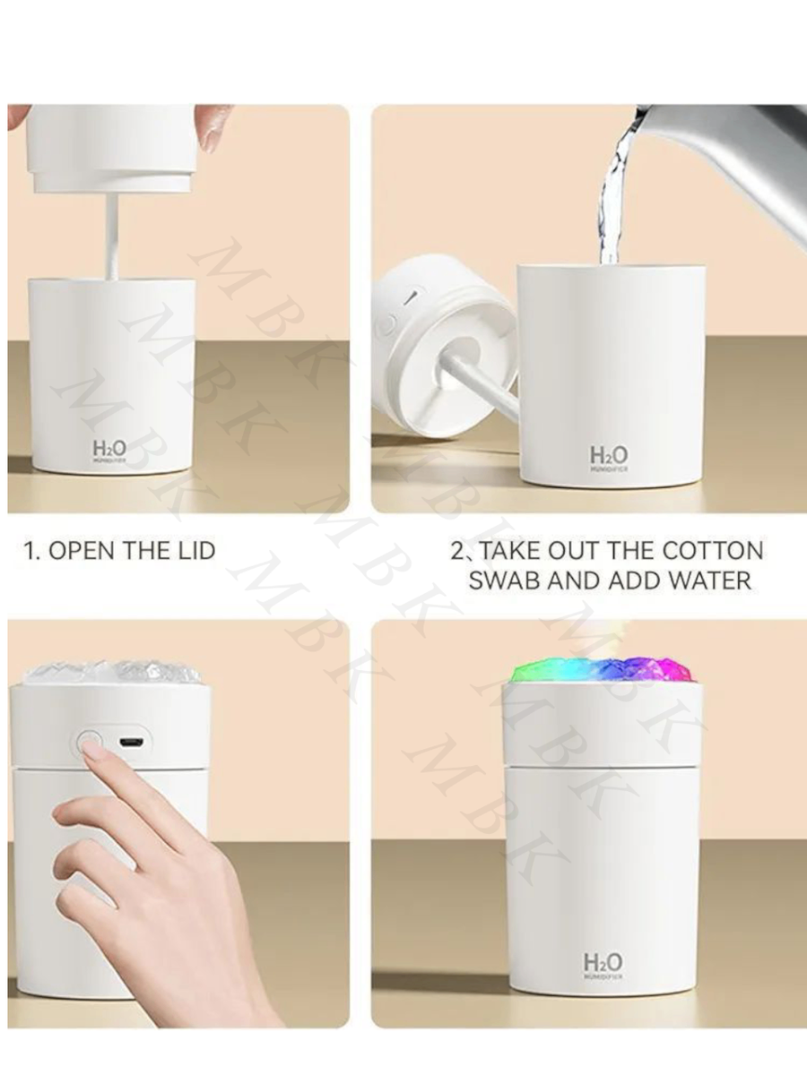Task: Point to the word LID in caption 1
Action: click(195, 550)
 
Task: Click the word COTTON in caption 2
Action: click(713, 550)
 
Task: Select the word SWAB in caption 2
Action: click(506, 580)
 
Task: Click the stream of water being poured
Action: click(612, 197)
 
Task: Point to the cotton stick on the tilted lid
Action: click(480, 385)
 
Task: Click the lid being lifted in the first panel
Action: click(111, 148)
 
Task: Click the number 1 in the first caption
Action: click(27, 550)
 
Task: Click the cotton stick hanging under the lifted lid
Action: click(112, 233)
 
